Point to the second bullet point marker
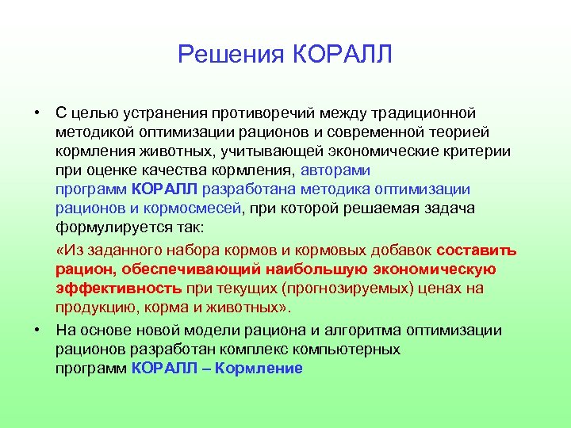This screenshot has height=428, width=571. (x=37, y=330)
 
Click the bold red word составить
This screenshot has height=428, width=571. (x=476, y=250)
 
